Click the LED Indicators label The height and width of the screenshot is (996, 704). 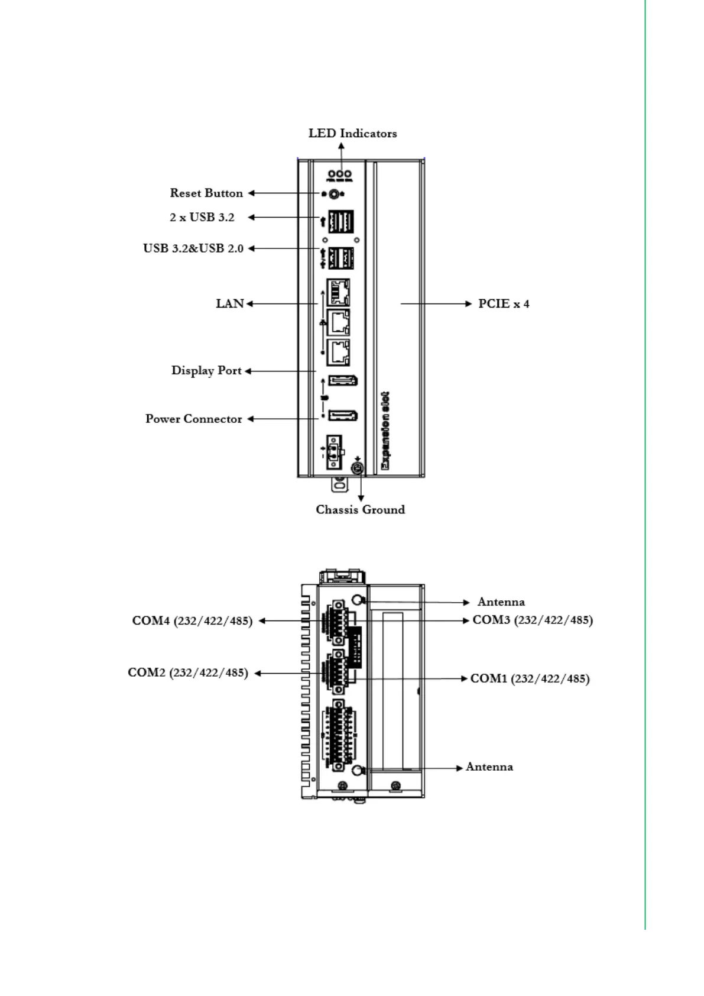[352, 134]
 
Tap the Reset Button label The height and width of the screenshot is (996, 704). [206, 193]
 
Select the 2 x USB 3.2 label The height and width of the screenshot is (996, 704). [202, 218]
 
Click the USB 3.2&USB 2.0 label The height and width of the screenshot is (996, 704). [193, 248]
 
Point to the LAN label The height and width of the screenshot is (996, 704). [230, 304]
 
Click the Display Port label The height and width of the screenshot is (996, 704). [206, 371]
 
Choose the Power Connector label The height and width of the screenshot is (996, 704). [194, 419]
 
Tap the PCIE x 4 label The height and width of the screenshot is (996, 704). [504, 304]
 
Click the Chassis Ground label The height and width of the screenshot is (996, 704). [360, 510]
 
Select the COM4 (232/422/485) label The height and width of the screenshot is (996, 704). [192, 621]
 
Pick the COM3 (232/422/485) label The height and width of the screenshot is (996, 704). [533, 620]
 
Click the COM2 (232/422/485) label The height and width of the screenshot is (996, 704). [188, 673]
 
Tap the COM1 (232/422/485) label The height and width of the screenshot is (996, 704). [530, 679]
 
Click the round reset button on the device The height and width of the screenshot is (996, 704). [334, 194]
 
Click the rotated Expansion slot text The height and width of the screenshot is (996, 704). [385, 431]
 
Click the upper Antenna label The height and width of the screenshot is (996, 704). [501, 602]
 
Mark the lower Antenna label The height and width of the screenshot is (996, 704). [489, 767]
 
